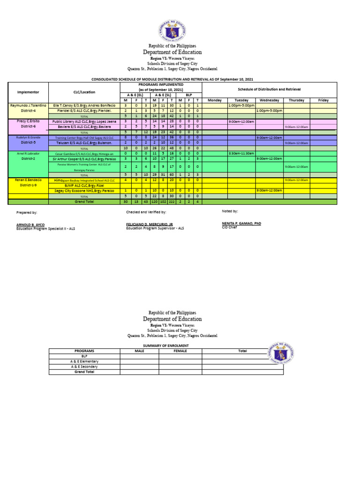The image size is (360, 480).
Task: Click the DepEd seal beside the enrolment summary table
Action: (282, 357)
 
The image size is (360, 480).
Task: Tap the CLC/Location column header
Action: (84, 92)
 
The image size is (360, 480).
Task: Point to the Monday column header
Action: (214, 100)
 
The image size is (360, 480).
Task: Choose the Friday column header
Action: (323, 100)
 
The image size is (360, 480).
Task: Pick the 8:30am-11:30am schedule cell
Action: (241, 153)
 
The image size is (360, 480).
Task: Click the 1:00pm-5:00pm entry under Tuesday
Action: (241, 105)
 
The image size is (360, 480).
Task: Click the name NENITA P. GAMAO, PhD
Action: (241, 224)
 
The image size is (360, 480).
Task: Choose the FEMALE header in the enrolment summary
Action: (180, 351)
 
